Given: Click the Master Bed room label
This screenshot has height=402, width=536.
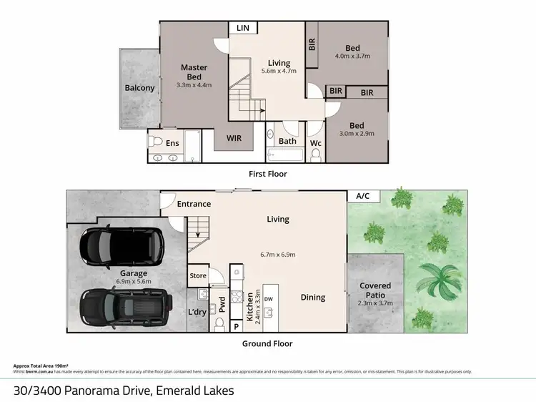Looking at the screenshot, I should pyautogui.click(x=194, y=72).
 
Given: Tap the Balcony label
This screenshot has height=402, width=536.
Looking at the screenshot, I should pyautogui.click(x=139, y=88).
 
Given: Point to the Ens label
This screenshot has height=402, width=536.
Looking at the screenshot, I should pyautogui.click(x=172, y=143).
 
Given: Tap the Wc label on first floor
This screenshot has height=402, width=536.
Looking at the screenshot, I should pyautogui.click(x=315, y=143).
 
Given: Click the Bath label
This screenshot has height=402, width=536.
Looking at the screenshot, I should pyautogui.click(x=287, y=141).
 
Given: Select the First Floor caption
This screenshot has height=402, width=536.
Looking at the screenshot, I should pyautogui.click(x=268, y=173).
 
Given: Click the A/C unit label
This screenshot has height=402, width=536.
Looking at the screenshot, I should pyautogui.click(x=363, y=196).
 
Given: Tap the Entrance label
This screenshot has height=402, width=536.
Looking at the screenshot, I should pyautogui.click(x=194, y=204).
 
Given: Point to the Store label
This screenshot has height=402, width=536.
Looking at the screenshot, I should pyautogui.click(x=198, y=275).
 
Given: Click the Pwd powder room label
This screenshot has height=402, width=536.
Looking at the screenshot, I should pyautogui.click(x=222, y=305).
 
